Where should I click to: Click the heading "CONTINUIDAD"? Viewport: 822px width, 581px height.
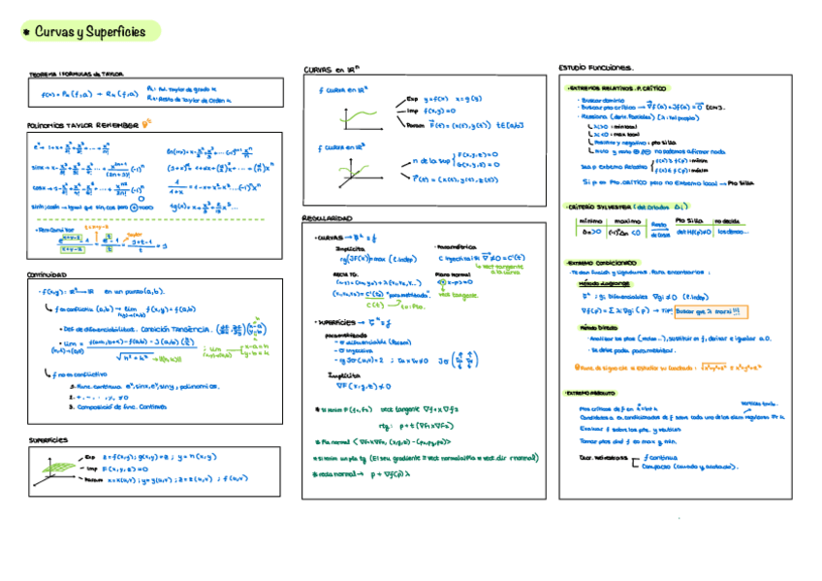(x=47, y=274)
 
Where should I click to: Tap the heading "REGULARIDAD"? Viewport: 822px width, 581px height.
(x=328, y=218)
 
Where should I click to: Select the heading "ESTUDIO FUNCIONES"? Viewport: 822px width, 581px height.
(x=596, y=68)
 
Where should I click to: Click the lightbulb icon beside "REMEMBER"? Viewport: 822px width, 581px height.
(x=146, y=124)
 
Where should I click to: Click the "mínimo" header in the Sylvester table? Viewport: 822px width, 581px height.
(x=590, y=221)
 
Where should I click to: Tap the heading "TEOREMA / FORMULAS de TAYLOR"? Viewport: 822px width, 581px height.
(x=76, y=74)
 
